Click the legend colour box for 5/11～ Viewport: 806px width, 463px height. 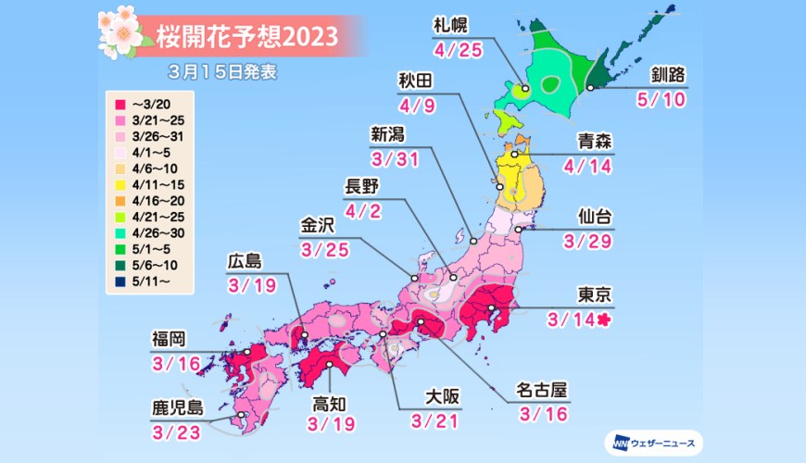(x=120, y=280)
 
